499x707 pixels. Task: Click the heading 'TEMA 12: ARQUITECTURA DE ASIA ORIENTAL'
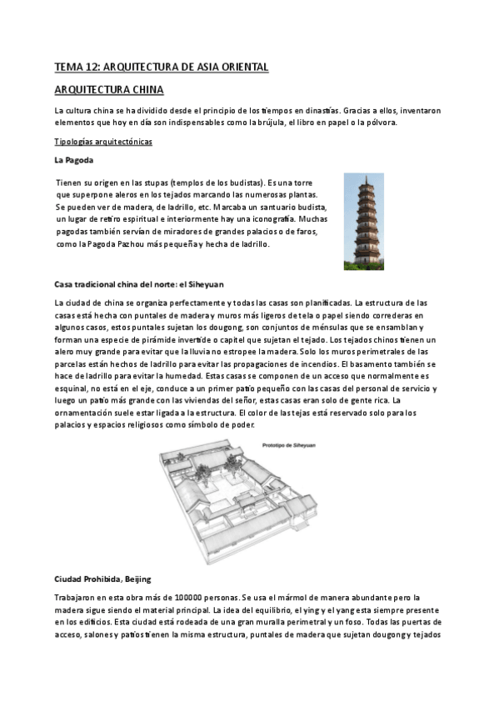[161, 67]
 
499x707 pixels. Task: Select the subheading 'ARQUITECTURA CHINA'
[108, 88]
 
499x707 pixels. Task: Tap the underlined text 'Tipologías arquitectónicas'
[102, 141]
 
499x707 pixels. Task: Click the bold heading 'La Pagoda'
[73, 158]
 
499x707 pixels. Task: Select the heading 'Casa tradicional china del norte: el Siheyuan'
[139, 283]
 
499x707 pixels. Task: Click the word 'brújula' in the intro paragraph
[287, 123]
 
